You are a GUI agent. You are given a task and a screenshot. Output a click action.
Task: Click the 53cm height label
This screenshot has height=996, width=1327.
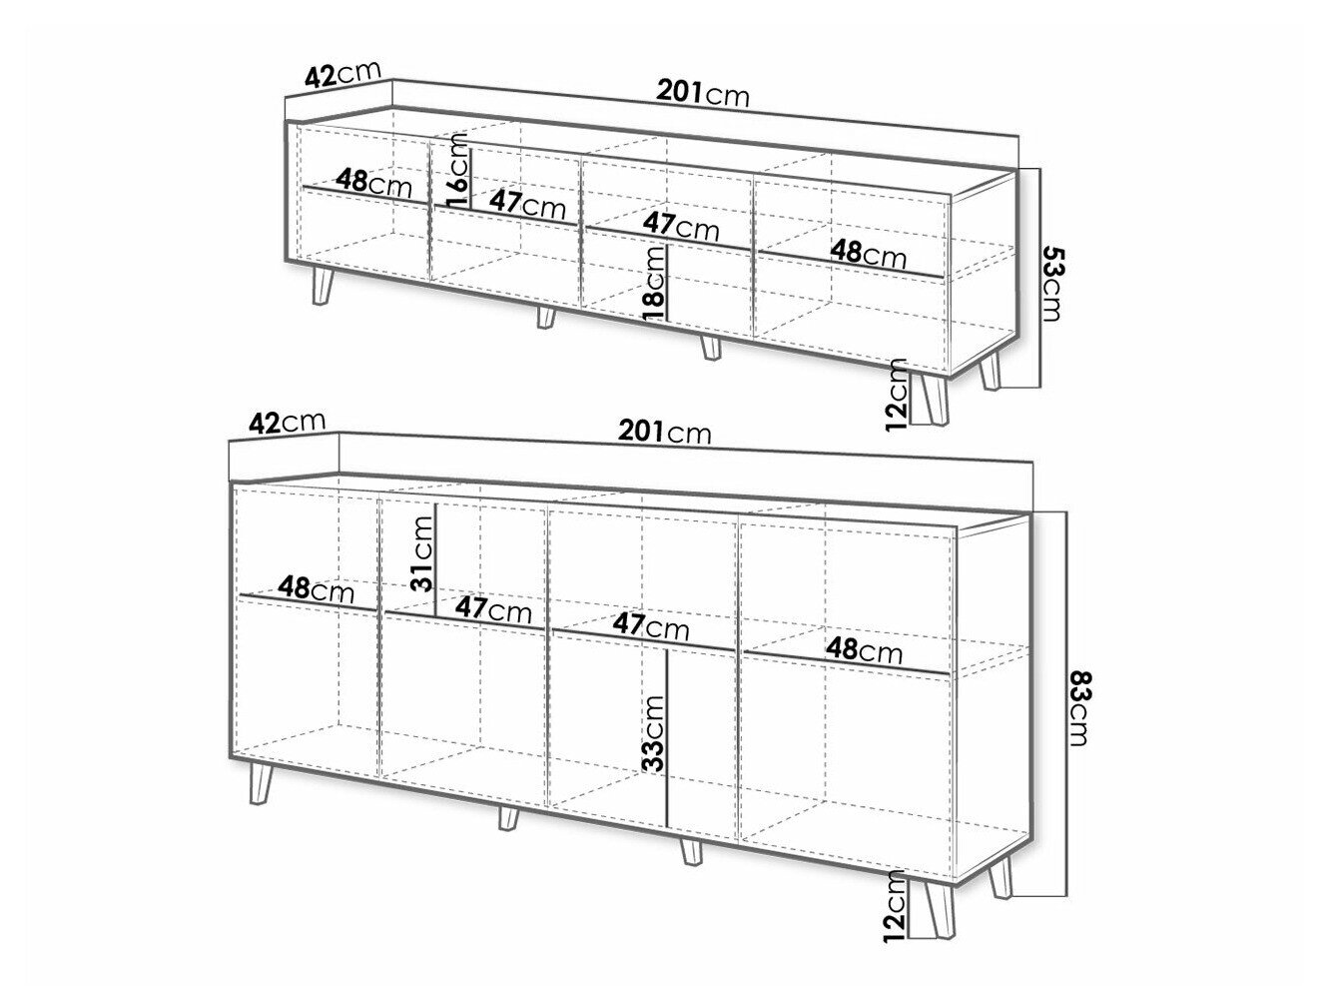[x=1051, y=284]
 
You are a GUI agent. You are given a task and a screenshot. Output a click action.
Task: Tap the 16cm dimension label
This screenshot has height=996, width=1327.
[x=456, y=171]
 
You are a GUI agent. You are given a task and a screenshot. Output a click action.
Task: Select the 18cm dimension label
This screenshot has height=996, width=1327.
[x=654, y=284]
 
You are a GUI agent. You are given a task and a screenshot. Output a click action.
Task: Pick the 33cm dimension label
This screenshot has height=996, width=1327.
[x=654, y=734]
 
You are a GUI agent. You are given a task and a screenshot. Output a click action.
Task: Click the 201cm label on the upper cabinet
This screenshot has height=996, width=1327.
[x=703, y=94]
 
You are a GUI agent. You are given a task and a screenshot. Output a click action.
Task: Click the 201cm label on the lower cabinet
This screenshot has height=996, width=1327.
[x=664, y=432]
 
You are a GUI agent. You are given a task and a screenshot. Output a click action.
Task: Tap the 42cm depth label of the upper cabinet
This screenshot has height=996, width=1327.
[x=342, y=74]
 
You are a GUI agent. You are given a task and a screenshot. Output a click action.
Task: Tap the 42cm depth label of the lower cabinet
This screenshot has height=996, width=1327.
[x=288, y=422]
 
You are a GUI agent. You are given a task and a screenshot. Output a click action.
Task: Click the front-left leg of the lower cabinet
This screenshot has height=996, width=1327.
[x=260, y=783]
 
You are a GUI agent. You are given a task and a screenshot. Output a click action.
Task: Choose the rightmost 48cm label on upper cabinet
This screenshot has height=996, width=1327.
[x=868, y=253]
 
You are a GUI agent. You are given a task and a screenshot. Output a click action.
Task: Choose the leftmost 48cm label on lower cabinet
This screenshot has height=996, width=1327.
[x=317, y=589]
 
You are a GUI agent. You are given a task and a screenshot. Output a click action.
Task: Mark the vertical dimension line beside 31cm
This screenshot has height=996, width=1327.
[x=434, y=559]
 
